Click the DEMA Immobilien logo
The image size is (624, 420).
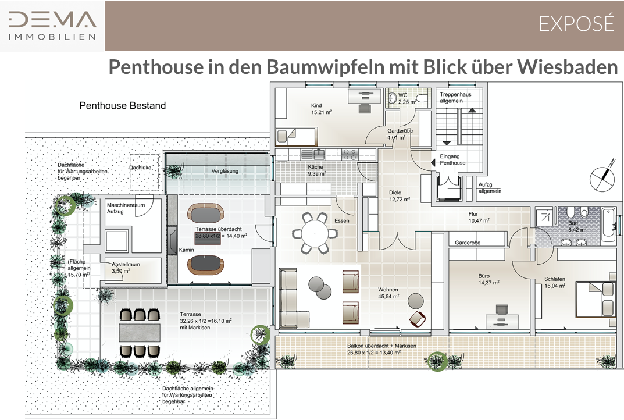click(x=52, y=26)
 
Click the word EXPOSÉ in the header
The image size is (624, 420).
click(x=577, y=24)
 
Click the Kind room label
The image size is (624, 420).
click(x=321, y=109)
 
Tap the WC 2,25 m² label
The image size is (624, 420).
click(x=407, y=99)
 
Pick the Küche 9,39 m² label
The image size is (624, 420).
click(x=316, y=170)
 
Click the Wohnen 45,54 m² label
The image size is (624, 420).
click(x=388, y=293)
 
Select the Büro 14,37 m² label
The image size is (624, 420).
click(x=488, y=279)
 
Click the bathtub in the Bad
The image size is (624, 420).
click(x=608, y=225)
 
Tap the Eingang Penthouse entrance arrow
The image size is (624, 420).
click(x=433, y=163)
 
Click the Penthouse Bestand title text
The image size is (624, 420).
click(x=123, y=105)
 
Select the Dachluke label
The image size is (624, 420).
click(x=140, y=168)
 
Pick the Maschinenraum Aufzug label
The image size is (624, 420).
click(x=126, y=208)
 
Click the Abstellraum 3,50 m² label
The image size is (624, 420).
click(x=126, y=268)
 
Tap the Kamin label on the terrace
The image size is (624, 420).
click(x=186, y=250)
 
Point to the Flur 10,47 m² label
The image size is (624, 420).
click(x=479, y=217)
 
